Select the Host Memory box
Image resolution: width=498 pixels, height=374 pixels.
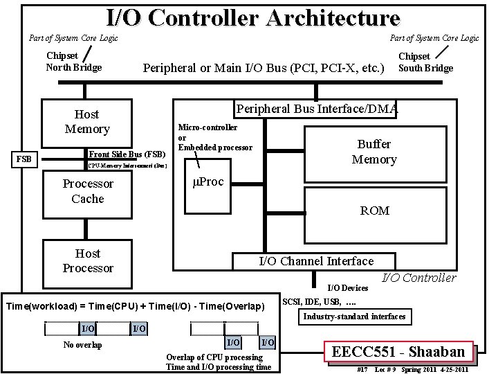coord(87,121)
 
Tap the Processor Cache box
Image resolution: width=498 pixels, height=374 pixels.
coord(87,191)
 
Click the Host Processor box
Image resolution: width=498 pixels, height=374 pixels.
coord(87,260)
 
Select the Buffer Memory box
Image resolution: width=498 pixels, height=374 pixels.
coord(374,152)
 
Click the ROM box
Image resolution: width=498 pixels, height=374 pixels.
coord(374,210)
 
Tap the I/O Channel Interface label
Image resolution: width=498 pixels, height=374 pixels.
coord(315,261)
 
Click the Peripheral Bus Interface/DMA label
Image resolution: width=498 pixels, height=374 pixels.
coord(317,109)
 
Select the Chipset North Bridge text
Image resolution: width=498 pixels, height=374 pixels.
coord(73,62)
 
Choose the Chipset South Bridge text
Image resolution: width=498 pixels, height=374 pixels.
coord(425,62)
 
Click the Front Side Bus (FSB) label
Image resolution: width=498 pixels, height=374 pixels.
coord(127,154)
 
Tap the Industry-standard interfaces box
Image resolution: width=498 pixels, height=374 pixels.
coord(354,317)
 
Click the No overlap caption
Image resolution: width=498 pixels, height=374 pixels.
coord(82,345)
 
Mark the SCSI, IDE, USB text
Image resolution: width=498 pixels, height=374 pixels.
coord(320,302)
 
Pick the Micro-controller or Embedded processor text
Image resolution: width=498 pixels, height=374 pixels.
coord(215,137)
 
